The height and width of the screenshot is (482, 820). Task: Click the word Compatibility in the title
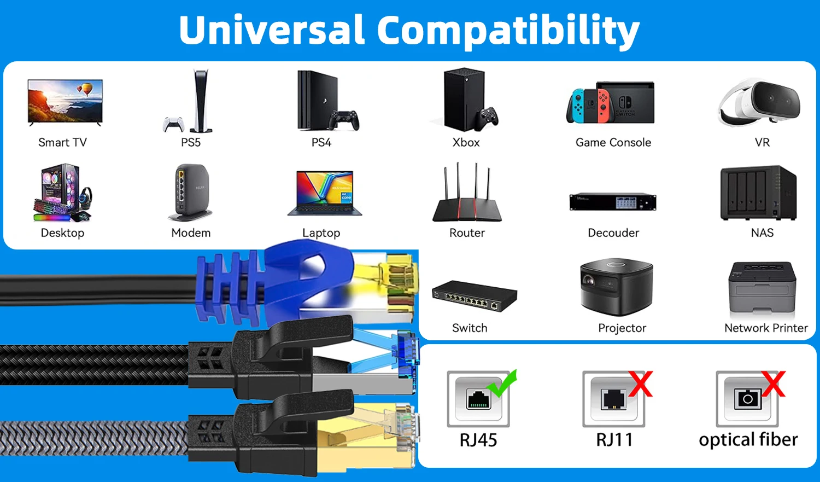pos(508,31)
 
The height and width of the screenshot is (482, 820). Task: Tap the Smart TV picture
pos(65,102)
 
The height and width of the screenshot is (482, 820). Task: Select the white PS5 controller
pos(173,125)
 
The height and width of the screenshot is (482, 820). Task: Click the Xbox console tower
pos(464,99)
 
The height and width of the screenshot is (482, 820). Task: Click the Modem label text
pos(191,233)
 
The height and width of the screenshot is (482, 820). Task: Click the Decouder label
pos(613,233)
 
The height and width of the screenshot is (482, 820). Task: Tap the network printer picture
pos(762,288)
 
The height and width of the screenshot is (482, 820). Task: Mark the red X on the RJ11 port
pos(640,384)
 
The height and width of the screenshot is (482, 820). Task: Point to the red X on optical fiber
pos(773,384)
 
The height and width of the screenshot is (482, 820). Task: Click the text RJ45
pos(478,440)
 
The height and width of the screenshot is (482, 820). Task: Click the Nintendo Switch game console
pos(611,103)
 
